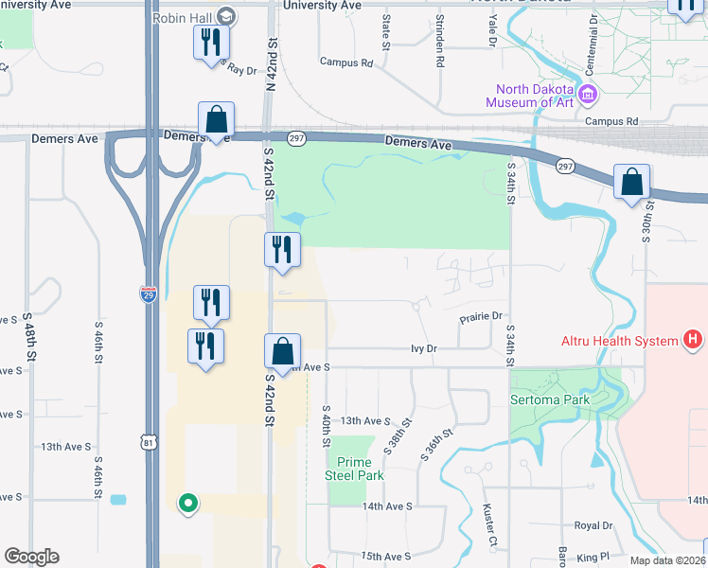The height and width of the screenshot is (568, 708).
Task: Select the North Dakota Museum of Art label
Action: point(530,96)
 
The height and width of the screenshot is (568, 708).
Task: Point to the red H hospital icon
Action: point(694,340)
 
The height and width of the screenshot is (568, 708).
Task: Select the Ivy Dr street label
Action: point(424,348)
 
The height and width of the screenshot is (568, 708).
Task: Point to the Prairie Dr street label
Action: point(481,316)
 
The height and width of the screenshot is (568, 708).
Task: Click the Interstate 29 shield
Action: point(149,295)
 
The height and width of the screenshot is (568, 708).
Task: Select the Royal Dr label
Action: point(593,525)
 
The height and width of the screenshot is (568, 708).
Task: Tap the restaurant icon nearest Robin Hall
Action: point(210,43)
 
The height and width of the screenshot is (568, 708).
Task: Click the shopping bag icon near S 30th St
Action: point(631,182)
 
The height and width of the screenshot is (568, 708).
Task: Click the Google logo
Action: point(31,557)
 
